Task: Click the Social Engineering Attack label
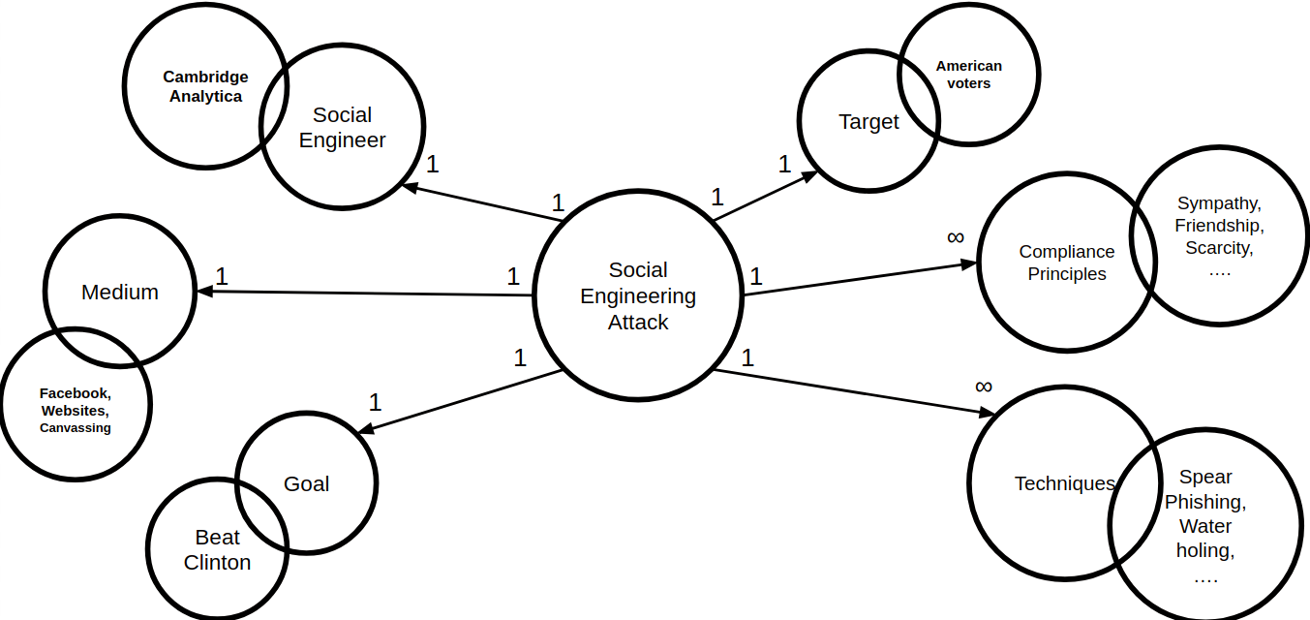point(638,295)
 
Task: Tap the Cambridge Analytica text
point(205,86)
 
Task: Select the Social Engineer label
point(342,128)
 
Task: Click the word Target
point(868,122)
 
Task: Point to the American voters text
point(968,75)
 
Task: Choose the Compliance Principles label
point(1067,263)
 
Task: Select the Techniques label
point(1064,483)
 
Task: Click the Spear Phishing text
point(1205,489)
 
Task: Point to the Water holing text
point(1205,539)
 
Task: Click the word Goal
point(306,483)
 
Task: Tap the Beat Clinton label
point(217,550)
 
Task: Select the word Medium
point(120,292)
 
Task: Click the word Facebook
point(74,393)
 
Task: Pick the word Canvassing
point(76,427)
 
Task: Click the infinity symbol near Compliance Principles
point(956,237)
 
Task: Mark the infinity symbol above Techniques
point(984,387)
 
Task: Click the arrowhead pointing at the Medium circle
point(203,291)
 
